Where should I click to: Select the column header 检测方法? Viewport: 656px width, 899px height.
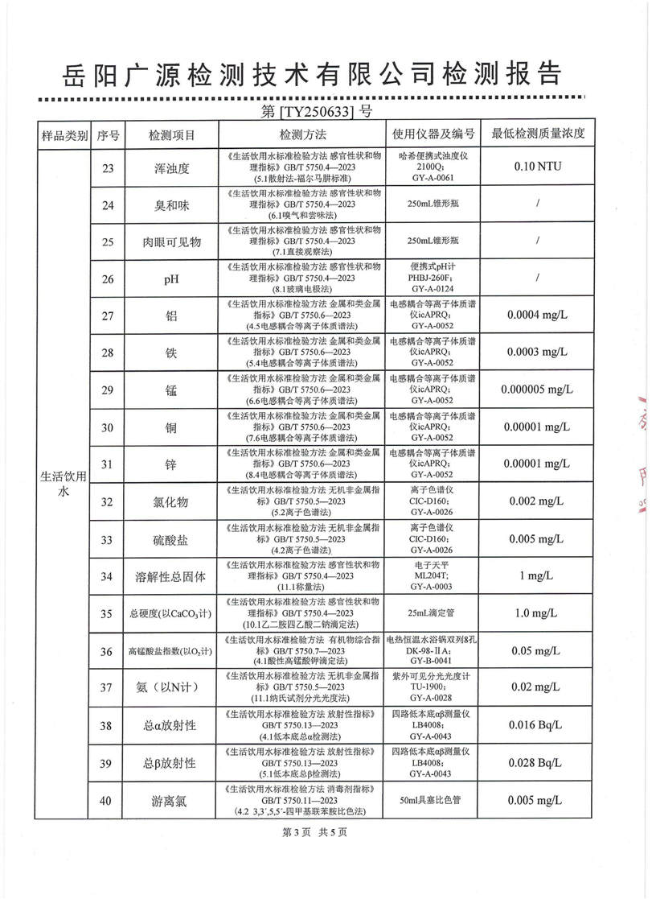coord(303,134)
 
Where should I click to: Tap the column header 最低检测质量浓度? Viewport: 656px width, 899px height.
coord(537,134)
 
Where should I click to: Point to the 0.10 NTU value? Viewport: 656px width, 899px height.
coord(537,167)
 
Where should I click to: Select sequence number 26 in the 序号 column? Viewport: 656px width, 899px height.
coord(107,279)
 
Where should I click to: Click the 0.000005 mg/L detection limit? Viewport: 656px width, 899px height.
coord(537,390)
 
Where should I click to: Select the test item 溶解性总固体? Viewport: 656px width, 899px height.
coord(170,576)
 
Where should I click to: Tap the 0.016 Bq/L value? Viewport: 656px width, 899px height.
coord(537,725)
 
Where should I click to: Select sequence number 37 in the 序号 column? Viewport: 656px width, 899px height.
coord(107,687)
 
